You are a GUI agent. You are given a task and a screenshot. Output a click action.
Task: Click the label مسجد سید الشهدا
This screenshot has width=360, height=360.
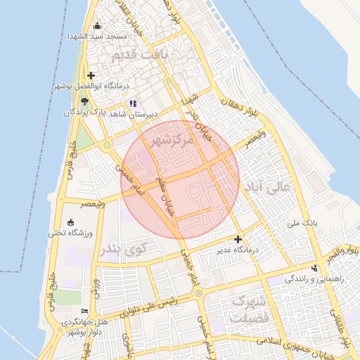[97, 36]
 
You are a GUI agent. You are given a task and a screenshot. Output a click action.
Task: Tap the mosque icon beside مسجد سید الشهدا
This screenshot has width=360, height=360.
[97, 26]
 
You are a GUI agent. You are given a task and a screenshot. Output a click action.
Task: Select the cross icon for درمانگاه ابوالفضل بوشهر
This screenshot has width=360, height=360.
[91, 76]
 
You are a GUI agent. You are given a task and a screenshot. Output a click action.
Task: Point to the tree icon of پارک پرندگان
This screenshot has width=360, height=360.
[84, 103]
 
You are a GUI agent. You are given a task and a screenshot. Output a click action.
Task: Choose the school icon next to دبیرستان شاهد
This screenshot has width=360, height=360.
[132, 103]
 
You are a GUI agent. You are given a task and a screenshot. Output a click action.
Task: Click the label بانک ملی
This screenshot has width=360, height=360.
[303, 223]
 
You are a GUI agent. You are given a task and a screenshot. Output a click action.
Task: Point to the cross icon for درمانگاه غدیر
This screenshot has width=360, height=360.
[237, 240]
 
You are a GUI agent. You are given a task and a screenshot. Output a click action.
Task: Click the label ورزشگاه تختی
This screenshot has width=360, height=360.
[68, 232]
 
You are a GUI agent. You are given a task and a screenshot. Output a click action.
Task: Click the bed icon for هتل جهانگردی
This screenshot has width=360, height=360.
[85, 311]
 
